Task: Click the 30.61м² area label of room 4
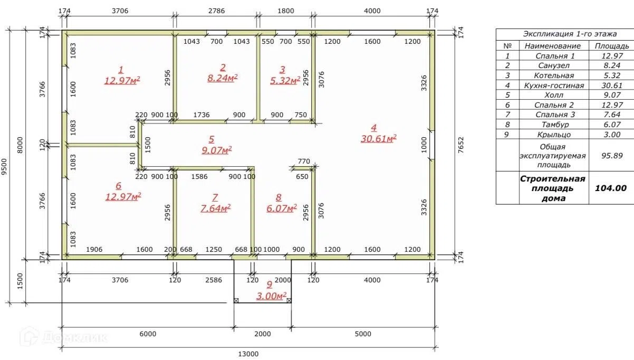(378, 139)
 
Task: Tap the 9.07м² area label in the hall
(217, 150)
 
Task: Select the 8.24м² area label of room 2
(223, 78)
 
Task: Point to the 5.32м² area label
(285, 81)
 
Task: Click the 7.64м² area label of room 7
(216, 209)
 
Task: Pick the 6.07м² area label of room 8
(282, 209)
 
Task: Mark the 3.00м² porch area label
(272, 296)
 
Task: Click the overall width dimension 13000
(248, 354)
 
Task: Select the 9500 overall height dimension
(4, 167)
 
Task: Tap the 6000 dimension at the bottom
(148, 334)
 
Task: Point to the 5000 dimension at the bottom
(363, 334)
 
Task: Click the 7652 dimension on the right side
(461, 145)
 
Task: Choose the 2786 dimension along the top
(217, 11)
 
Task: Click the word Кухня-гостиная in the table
(554, 86)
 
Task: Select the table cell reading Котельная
(554, 75)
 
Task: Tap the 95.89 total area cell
(612, 156)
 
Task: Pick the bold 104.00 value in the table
(611, 188)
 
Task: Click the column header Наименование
(552, 46)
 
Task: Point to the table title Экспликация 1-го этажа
(570, 34)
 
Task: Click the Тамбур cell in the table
(554, 125)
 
